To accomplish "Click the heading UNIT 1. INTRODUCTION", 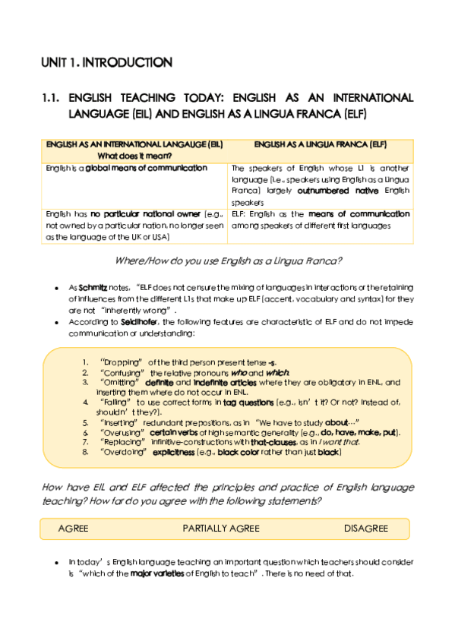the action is (x=106, y=62).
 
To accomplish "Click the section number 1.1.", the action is (x=52, y=98).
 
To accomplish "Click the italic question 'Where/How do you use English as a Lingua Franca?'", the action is (x=228, y=261).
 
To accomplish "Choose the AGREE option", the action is (x=73, y=529).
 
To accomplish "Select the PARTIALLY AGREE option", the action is (x=221, y=529).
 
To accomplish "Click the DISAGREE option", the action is (x=365, y=529).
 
